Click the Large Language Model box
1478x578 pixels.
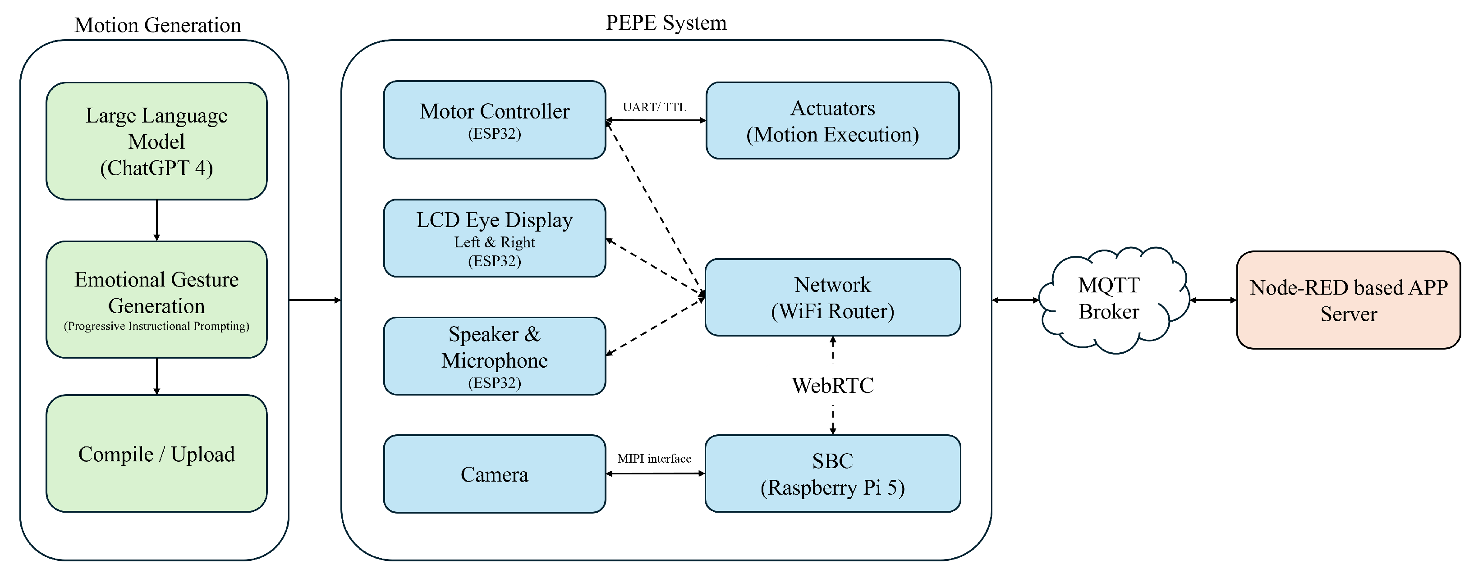(x=156, y=141)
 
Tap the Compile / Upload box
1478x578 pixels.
(x=156, y=454)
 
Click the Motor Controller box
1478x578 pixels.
(x=494, y=119)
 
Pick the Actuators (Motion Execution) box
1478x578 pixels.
(x=832, y=120)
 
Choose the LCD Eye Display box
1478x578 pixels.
(x=494, y=238)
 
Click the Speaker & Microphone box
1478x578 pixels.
(x=494, y=356)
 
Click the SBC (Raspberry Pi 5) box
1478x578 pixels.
(x=832, y=473)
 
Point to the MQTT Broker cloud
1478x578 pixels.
(x=1109, y=299)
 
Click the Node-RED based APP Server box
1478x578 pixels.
(x=1348, y=300)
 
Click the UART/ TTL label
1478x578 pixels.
(x=654, y=107)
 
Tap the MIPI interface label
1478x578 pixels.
(x=654, y=459)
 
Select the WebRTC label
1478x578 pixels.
(x=832, y=385)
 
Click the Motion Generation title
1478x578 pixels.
(x=158, y=25)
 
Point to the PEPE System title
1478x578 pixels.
(x=666, y=23)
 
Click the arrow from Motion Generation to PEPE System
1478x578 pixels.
(x=315, y=300)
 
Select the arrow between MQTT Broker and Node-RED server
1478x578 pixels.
(x=1213, y=300)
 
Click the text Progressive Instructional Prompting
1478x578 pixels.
(x=156, y=326)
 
